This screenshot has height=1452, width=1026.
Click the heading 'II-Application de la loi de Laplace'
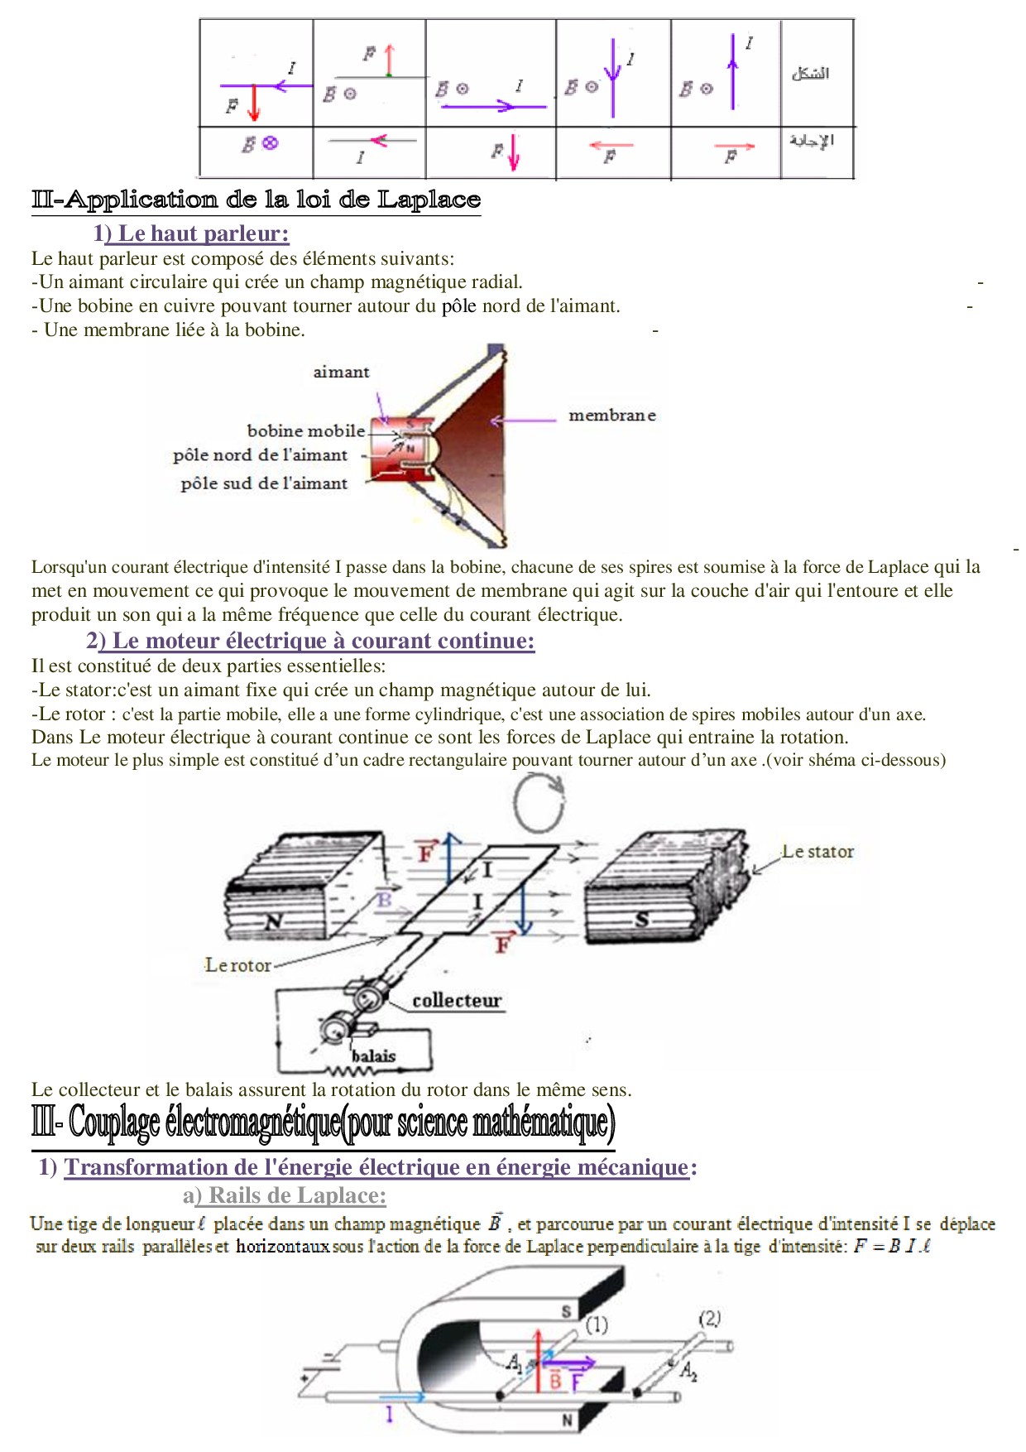pyautogui.click(x=256, y=200)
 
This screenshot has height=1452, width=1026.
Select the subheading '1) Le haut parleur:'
pyautogui.click(x=191, y=233)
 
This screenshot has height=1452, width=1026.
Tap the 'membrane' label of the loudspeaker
pyautogui.click(x=611, y=416)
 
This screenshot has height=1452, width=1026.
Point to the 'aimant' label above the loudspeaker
pyautogui.click(x=341, y=373)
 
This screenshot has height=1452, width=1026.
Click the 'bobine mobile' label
pyautogui.click(x=305, y=430)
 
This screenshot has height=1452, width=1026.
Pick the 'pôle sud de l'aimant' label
pyautogui.click(x=264, y=483)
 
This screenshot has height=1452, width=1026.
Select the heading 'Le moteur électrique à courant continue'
pyautogui.click(x=310, y=641)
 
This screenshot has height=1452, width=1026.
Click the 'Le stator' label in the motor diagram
pyautogui.click(x=817, y=851)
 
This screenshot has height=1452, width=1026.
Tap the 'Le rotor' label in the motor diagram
pyautogui.click(x=238, y=965)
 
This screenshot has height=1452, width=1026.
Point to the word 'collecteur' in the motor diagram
pyautogui.click(x=457, y=1000)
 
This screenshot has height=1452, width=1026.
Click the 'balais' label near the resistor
pyautogui.click(x=373, y=1056)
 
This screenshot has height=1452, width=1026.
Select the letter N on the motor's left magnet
pyautogui.click(x=274, y=921)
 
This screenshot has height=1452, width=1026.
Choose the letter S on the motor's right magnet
pyautogui.click(x=641, y=919)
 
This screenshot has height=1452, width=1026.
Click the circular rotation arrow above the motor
pyautogui.click(x=539, y=801)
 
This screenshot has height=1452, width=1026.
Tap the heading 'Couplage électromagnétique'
pyautogui.click(x=323, y=1123)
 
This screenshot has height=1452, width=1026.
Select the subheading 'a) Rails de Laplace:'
pyautogui.click(x=285, y=1195)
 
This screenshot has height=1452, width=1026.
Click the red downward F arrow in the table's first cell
pyautogui.click(x=254, y=103)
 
